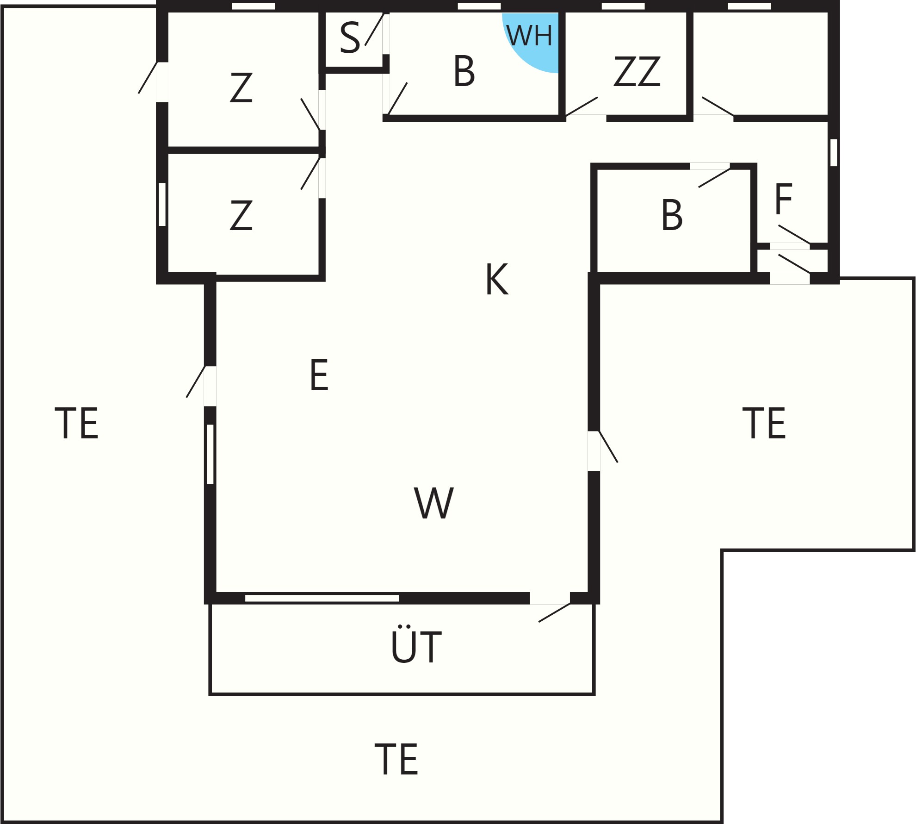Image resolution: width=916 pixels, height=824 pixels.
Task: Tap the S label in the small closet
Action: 350,37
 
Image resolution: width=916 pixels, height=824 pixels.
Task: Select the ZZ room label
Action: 637,71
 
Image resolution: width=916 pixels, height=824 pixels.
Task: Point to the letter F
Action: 783,199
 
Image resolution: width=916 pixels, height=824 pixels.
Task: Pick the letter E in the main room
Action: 319,375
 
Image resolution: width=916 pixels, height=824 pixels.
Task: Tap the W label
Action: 433,503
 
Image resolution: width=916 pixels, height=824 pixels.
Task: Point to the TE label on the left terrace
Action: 76,423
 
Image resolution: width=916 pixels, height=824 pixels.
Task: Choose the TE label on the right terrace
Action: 764,423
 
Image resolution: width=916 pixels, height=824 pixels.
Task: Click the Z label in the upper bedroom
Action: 241,87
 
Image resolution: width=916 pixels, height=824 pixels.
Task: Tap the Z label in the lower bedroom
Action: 241,215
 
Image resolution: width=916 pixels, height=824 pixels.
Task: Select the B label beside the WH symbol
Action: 464,71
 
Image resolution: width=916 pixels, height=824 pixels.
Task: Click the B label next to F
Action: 672,215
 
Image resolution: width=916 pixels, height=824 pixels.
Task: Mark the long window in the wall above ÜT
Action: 322,598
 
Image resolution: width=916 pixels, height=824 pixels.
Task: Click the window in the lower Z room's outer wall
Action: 162,205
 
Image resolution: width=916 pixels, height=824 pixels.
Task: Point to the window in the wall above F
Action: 834,152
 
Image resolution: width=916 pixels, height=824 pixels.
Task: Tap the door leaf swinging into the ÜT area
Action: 554,612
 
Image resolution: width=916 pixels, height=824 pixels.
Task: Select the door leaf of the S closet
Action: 374,29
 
